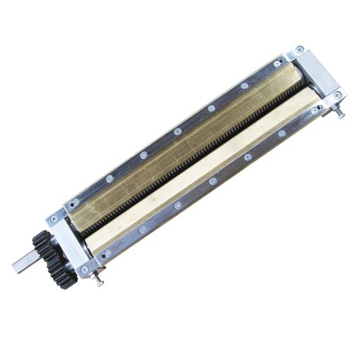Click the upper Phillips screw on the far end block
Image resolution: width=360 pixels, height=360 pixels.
(301, 51)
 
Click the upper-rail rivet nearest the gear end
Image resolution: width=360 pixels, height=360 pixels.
(74, 203)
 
